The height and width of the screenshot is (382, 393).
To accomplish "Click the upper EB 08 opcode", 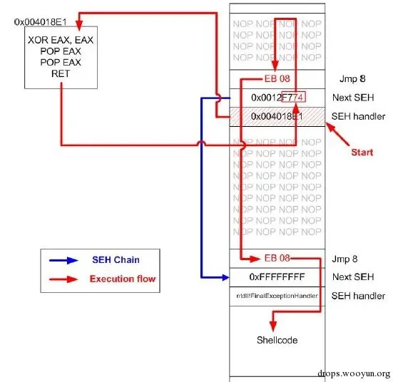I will (275, 78).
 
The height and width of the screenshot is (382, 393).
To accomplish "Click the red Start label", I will (363, 152).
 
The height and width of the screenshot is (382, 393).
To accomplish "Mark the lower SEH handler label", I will (359, 296).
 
